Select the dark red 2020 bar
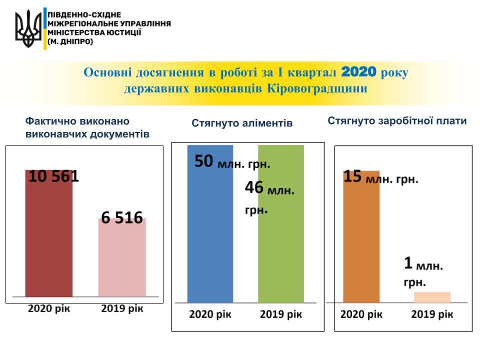tap(48, 240)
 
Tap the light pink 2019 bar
tap(122, 260)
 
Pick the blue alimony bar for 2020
tap(210, 235)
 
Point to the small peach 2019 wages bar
tap(432, 297)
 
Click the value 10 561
tap(53, 177)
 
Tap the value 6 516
tap(122, 218)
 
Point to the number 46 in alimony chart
tap(254, 188)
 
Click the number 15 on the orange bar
tap(353, 176)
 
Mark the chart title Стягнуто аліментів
tap(242, 122)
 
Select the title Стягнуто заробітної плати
tap(397, 121)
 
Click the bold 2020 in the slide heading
tap(358, 72)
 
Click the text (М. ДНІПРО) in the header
tap(70, 42)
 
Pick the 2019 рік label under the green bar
tap(281, 314)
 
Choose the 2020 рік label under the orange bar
tap(361, 314)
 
